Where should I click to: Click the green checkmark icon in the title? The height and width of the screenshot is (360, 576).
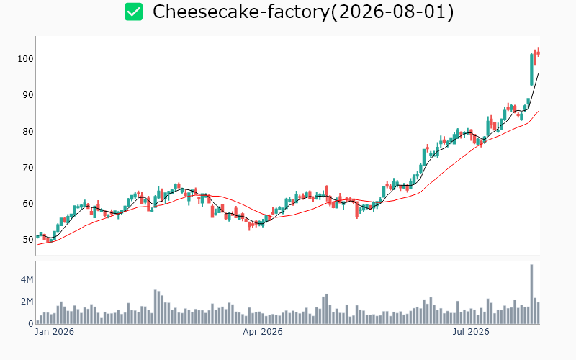coord(133,12)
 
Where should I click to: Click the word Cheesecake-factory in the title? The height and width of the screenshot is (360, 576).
coord(241,12)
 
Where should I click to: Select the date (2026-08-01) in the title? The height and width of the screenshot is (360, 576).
coord(392,12)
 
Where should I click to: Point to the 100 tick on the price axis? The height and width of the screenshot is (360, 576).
coord(25,59)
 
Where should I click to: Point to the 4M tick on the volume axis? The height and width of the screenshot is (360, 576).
coord(27,280)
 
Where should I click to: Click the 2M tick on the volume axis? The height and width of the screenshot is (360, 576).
coord(27,302)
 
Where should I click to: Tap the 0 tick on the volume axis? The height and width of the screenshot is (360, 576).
coord(30,323)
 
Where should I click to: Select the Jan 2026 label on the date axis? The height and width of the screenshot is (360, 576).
coord(55,332)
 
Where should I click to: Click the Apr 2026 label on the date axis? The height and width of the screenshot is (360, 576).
coord(263,332)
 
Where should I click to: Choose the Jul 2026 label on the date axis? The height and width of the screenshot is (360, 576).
coord(471,332)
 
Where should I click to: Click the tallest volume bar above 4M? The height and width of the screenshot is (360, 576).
coord(531,294)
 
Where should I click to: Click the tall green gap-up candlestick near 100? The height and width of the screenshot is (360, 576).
coord(531,69)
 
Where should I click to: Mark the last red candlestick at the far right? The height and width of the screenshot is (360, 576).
coord(538,53)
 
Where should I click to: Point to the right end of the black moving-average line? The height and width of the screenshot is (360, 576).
coord(538,74)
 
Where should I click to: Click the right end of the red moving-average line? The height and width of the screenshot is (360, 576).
coord(538,111)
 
